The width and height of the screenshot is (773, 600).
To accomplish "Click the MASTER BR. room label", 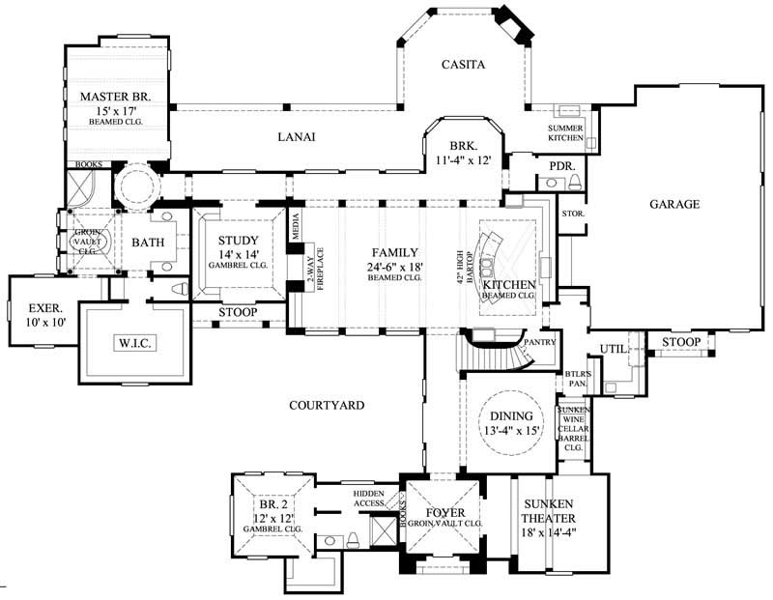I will click(116, 96).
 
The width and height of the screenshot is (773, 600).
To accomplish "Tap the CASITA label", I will click(462, 65).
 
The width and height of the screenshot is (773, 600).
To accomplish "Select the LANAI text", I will click(298, 138).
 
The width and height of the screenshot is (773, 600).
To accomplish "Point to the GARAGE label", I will click(673, 204).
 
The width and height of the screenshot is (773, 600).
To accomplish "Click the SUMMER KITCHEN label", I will click(566, 133).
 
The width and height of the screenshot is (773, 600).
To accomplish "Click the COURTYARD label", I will click(327, 405).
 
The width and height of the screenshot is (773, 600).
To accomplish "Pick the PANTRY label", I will click(537, 342).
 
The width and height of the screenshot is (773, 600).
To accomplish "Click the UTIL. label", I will click(615, 348).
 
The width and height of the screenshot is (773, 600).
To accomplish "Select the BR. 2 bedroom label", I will click(272, 504).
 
